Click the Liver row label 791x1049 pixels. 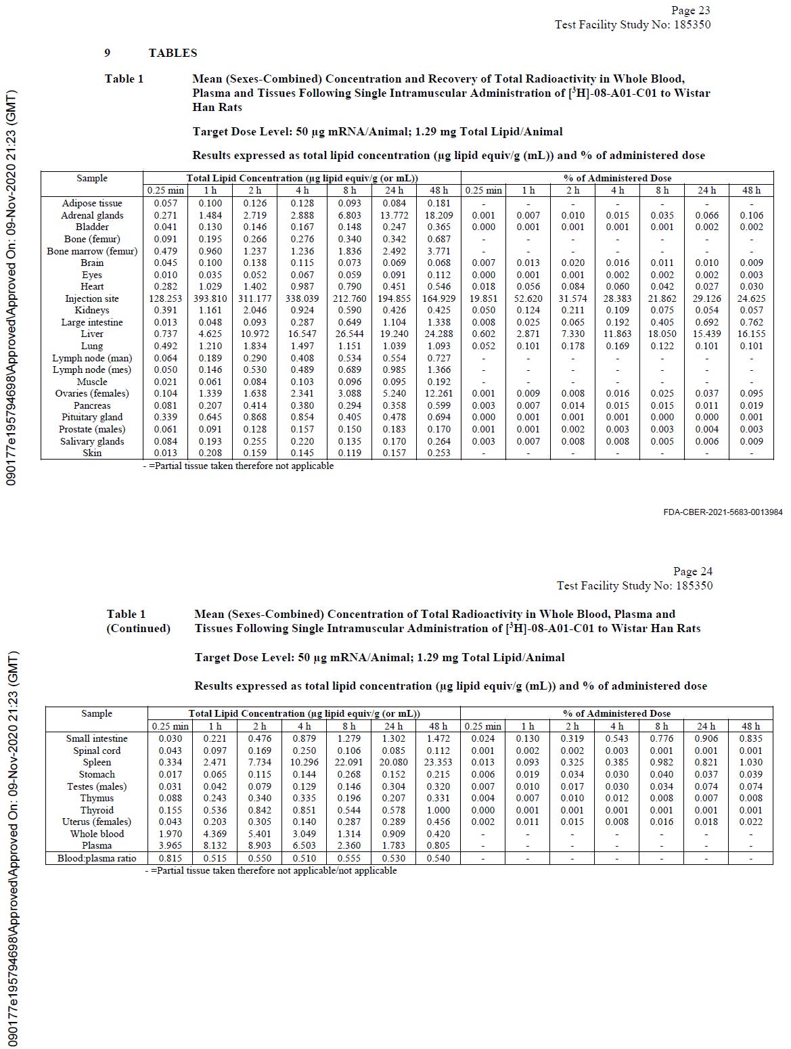pos(92,334)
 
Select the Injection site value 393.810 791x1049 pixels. pos(210,298)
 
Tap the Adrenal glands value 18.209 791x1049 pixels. pos(438,215)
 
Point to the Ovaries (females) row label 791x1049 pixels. pos(92,394)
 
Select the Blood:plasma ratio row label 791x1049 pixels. pos(97,859)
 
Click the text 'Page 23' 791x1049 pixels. pos(690,10)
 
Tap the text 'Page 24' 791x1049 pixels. pos(692,572)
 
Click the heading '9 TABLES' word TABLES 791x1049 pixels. pos(173,53)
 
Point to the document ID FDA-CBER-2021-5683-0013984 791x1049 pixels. pos(723,512)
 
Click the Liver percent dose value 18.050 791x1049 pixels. pos(662,334)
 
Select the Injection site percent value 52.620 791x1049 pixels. pos(528,298)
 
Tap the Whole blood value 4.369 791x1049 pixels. pos(215,834)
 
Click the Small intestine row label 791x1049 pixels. pos(97,739)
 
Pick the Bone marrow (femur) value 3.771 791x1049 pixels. pos(438,251)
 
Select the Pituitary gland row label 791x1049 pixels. pos(92,418)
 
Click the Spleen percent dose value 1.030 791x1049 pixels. pos(750,763)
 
